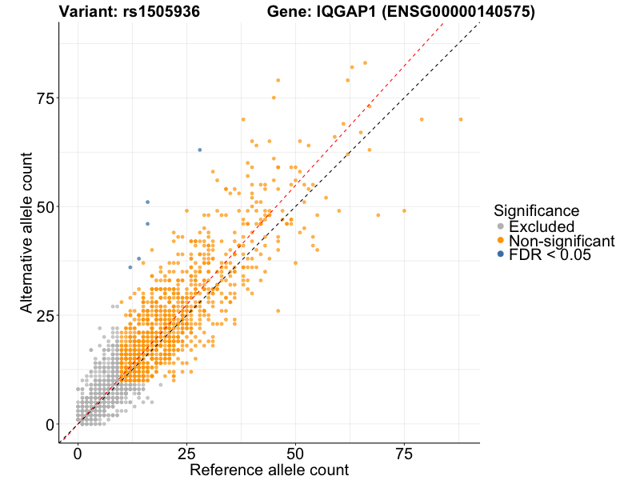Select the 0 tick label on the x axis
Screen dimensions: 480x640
click(x=78, y=454)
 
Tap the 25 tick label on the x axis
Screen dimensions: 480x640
click(x=186, y=454)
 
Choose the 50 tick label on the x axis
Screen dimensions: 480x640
click(x=295, y=454)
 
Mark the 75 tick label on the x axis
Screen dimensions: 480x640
click(x=404, y=454)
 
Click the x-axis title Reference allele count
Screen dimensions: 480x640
click(x=269, y=470)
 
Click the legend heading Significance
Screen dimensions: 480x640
click(x=536, y=211)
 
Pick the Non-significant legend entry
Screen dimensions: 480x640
click(x=561, y=241)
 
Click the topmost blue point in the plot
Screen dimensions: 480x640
click(x=200, y=150)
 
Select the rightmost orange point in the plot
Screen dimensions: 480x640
click(x=461, y=119)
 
